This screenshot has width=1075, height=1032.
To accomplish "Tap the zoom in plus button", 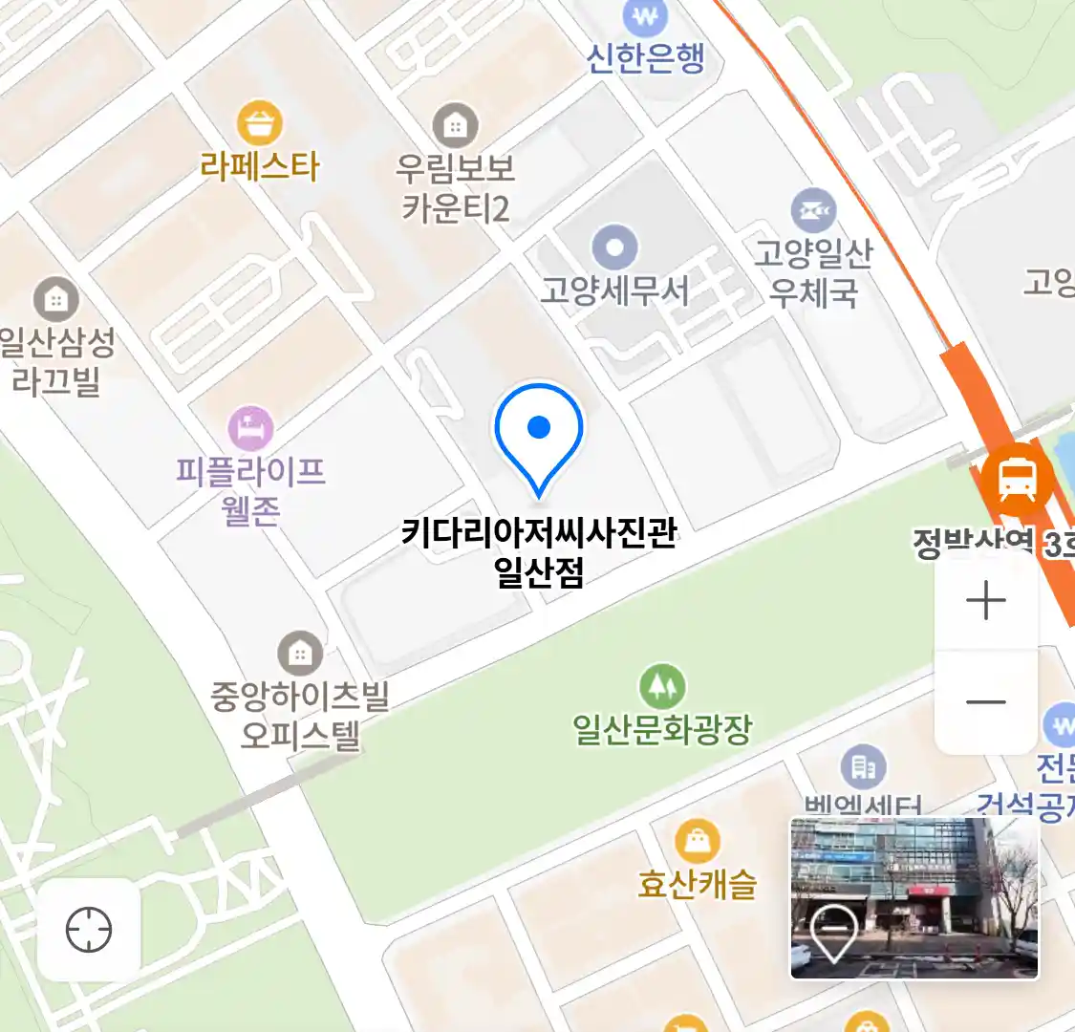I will click(985, 602).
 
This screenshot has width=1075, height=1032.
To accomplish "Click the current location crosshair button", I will click(89, 930).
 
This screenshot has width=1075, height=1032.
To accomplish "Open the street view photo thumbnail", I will click(914, 898).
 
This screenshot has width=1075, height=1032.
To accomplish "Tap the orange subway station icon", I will click(1017, 477).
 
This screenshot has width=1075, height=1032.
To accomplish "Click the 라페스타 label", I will click(260, 167).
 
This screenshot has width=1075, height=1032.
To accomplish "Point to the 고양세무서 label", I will click(614, 290).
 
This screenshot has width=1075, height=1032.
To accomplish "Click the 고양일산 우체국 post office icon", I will click(813, 211).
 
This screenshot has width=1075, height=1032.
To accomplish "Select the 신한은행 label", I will click(646, 58).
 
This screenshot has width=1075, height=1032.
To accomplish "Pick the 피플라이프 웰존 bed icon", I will click(250, 429).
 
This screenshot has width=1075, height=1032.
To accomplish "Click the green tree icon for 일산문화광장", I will click(662, 686).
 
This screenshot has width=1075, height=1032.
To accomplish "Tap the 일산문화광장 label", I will click(662, 730).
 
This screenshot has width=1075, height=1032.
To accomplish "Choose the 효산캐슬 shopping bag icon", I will click(698, 842).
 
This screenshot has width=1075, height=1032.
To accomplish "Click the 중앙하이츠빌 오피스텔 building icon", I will click(300, 654).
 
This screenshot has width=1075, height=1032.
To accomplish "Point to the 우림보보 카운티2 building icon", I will click(455, 125).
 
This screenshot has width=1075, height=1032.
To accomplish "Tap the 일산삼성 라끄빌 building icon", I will click(56, 300).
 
